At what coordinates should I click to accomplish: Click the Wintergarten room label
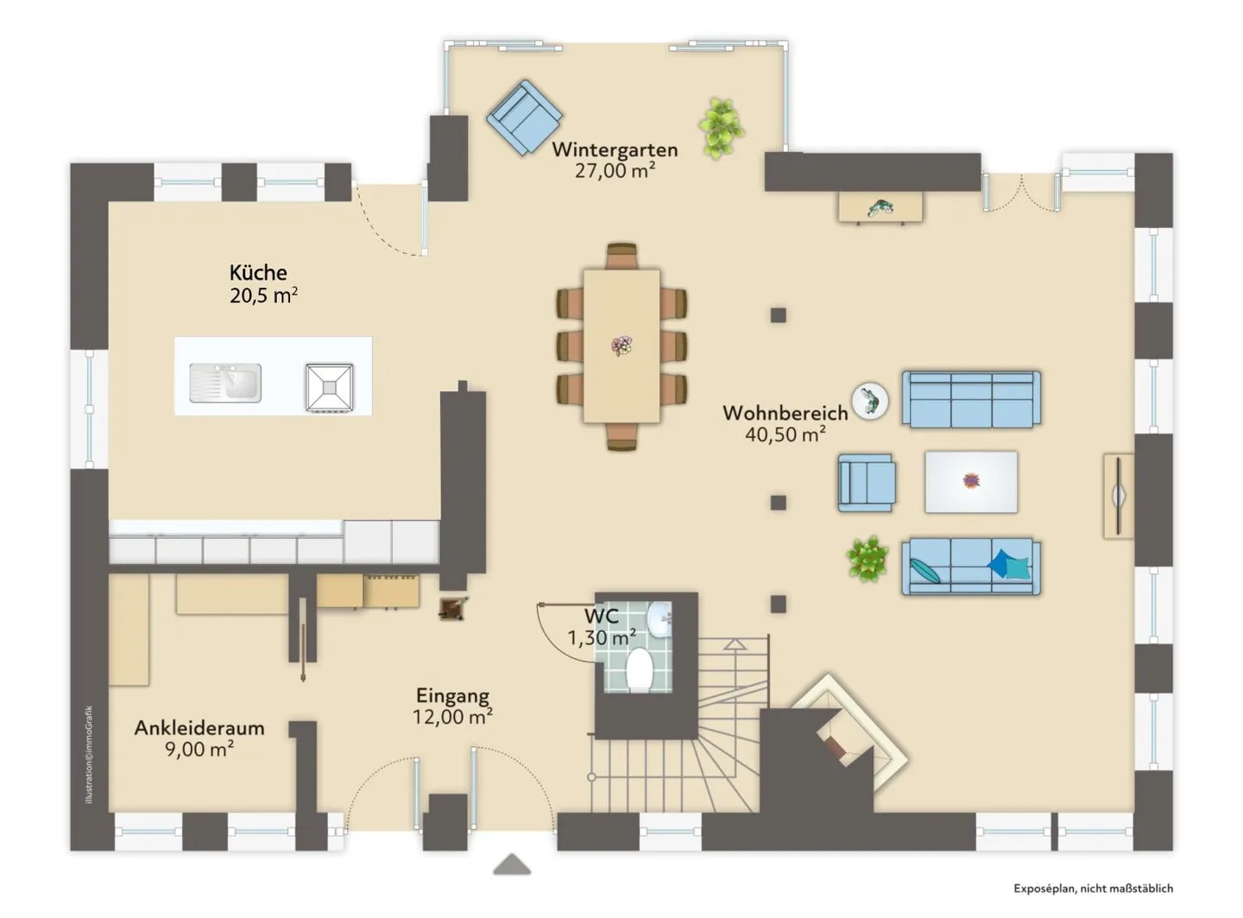pyautogui.click(x=615, y=149)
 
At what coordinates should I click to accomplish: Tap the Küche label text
pyautogui.click(x=258, y=273)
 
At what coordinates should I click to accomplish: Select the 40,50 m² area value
pyautogui.click(x=785, y=434)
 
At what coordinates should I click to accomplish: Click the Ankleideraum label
pyautogui.click(x=199, y=728)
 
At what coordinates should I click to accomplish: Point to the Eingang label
pyautogui.click(x=452, y=696)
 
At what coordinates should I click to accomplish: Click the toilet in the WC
pyautogui.click(x=638, y=669)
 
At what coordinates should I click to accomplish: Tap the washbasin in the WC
pyautogui.click(x=659, y=620)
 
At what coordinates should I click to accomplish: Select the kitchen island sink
pyautogui.click(x=225, y=383)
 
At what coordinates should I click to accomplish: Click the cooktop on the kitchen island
pyautogui.click(x=330, y=387)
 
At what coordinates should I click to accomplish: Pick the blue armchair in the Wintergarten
pyautogui.click(x=525, y=117)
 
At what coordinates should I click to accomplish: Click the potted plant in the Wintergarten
pyautogui.click(x=721, y=129)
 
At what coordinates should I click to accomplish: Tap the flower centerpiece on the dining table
pyautogui.click(x=621, y=345)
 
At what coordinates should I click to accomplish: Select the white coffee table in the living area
pyautogui.click(x=970, y=481)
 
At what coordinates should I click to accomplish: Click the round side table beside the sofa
pyautogui.click(x=870, y=401)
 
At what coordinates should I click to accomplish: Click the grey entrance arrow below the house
pyautogui.click(x=512, y=864)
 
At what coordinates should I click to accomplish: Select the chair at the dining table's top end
pyautogui.click(x=621, y=256)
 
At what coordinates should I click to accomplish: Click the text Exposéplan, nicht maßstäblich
pyautogui.click(x=1093, y=889)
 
